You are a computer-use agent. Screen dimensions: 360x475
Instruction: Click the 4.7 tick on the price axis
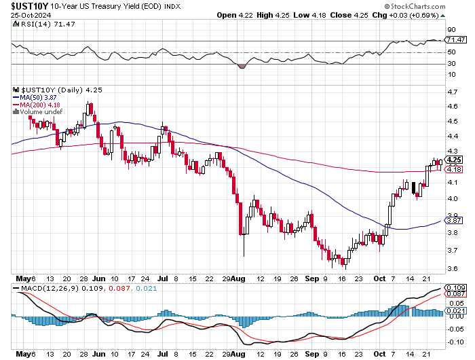click(451, 91)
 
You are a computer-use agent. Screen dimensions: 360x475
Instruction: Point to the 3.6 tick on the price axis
click(451, 268)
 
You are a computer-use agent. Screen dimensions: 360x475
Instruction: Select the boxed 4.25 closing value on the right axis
click(454, 160)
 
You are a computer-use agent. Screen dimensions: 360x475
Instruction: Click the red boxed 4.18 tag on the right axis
click(454, 169)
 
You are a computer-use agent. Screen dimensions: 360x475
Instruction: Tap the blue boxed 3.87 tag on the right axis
click(454, 220)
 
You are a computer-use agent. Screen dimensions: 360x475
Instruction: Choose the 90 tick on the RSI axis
click(451, 30)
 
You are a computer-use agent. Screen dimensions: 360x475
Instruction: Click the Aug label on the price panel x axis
click(239, 278)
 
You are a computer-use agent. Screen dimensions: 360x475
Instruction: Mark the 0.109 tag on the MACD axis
click(456, 288)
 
